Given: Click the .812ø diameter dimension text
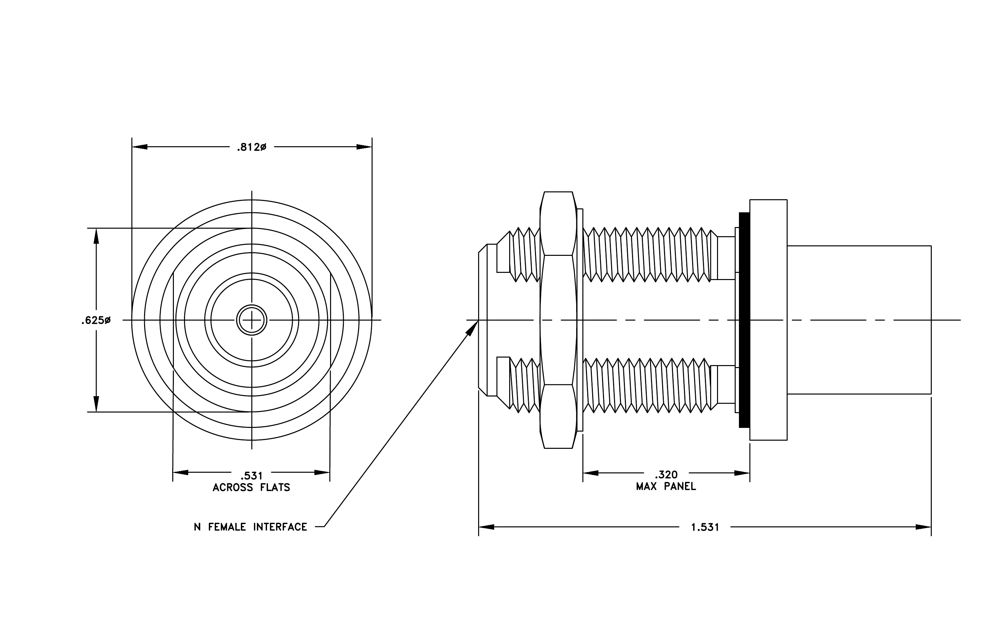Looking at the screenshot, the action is [x=251, y=147].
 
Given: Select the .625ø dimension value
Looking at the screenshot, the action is [x=96, y=321].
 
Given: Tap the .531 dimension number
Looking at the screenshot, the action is [x=252, y=476].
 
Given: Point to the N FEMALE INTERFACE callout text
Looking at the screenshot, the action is [x=250, y=527].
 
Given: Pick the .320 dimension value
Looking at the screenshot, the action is [x=666, y=475].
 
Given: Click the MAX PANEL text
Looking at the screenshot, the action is [x=666, y=486].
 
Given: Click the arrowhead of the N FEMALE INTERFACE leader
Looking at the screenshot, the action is [x=473, y=327].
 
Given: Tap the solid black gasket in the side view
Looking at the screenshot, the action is [x=744, y=320].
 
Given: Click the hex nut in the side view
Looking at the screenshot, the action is [x=558, y=320].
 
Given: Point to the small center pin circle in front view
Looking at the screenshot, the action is [x=252, y=320].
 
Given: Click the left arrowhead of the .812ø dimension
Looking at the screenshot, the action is [x=140, y=147].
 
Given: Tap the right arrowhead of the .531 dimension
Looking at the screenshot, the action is [x=322, y=472].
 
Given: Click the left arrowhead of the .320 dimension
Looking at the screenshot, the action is [x=591, y=473].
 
